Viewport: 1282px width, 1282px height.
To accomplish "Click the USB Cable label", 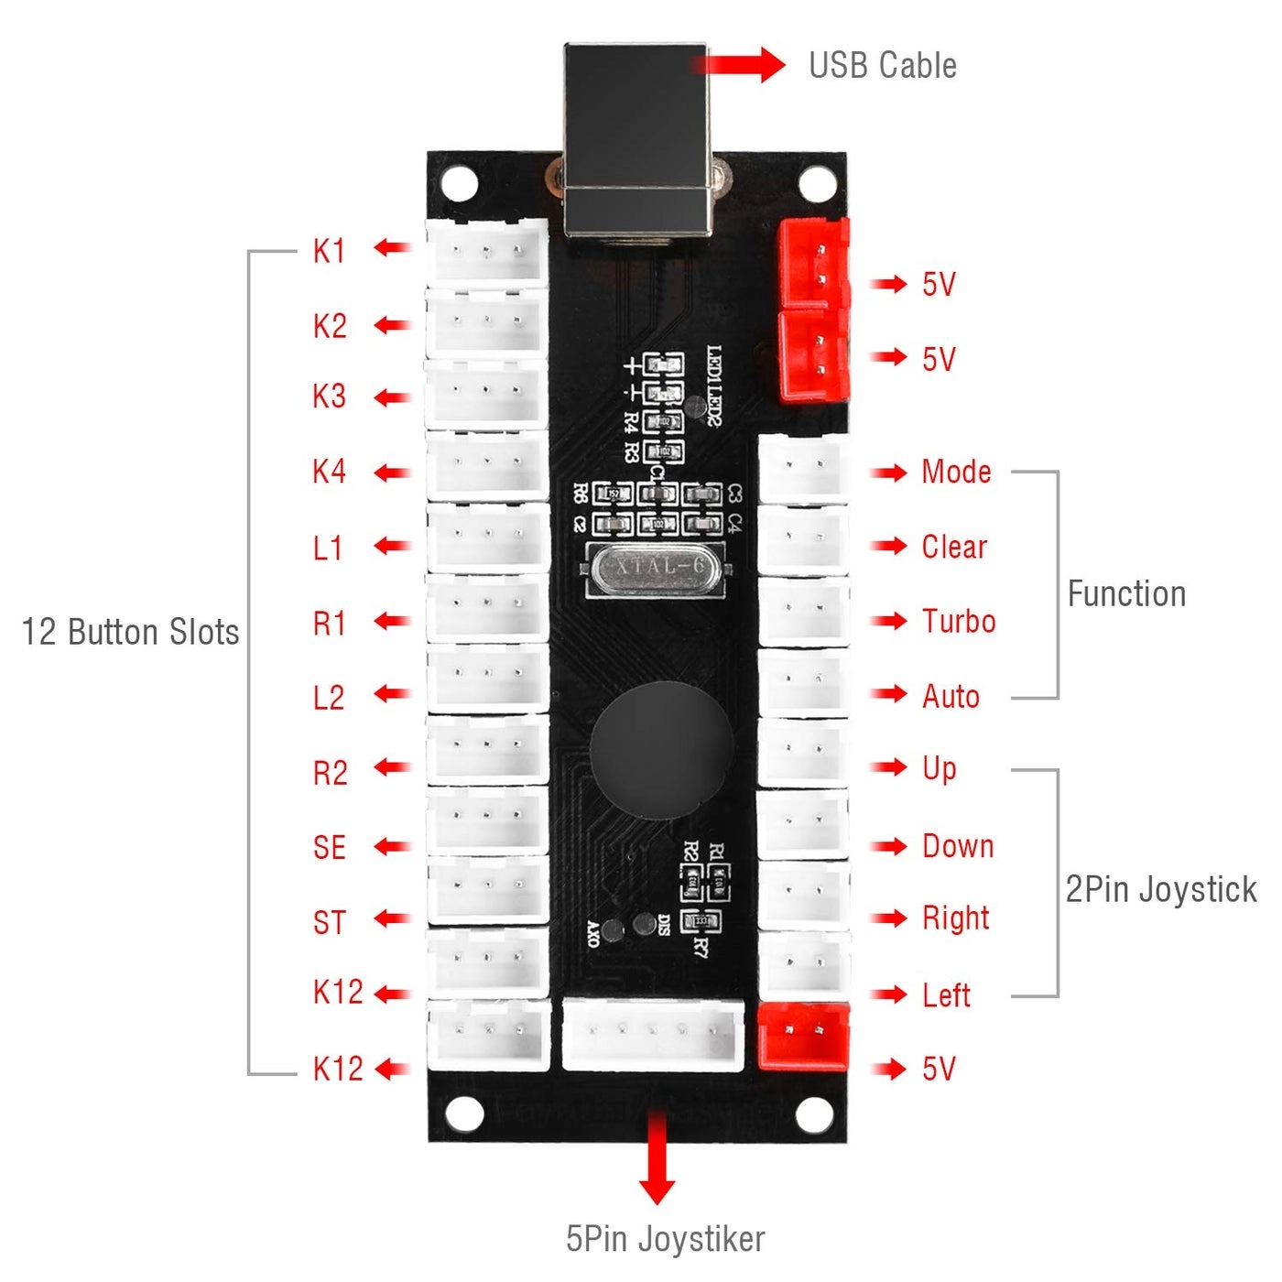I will tap(882, 66).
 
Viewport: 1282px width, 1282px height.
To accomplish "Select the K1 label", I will tap(329, 251).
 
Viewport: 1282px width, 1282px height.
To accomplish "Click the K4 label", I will tap(329, 472).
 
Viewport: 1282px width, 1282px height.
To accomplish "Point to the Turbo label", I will tap(958, 622).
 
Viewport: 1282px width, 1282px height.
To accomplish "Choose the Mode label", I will tap(956, 472).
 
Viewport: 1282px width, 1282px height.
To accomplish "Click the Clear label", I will tap(954, 547).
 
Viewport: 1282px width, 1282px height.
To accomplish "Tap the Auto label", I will tap(951, 697).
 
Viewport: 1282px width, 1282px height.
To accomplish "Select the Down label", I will tap(957, 846).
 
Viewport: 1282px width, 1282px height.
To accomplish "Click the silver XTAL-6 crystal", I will tap(658, 569).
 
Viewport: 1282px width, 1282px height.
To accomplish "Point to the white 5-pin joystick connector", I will tap(653, 1034).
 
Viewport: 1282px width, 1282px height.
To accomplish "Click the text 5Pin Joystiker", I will tap(665, 1239).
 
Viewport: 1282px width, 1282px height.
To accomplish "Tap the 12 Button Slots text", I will tap(130, 632).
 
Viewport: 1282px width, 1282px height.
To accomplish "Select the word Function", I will tap(1126, 594).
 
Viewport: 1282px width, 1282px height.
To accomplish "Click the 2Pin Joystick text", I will tap(1160, 889).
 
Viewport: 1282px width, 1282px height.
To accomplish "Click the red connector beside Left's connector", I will tap(803, 1036).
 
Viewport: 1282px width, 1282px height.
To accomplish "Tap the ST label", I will tap(330, 922).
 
